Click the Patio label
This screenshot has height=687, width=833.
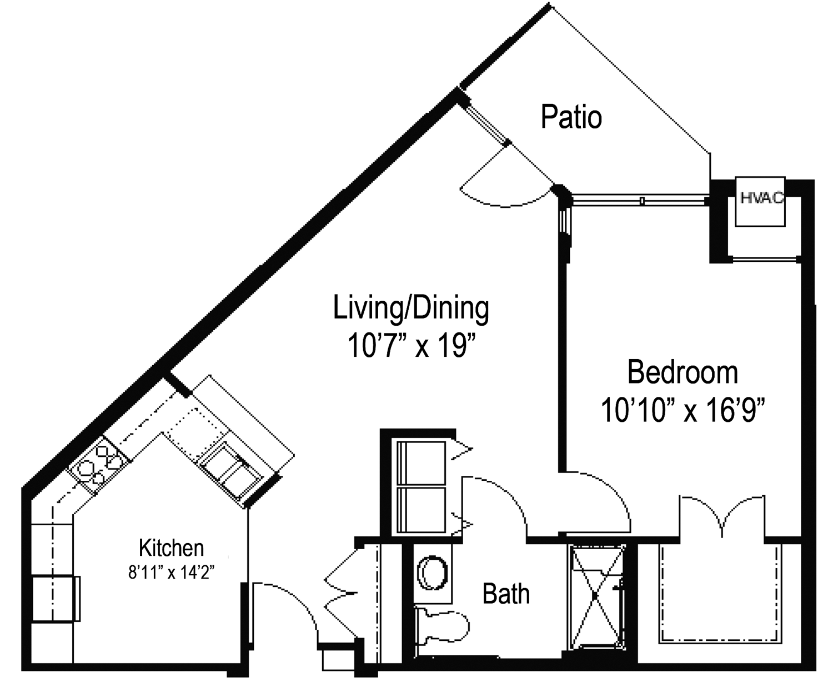pos(571,117)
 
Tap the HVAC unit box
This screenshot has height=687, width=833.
pos(760,201)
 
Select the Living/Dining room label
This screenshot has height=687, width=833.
pos(411,308)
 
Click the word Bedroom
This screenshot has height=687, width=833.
pos(683,372)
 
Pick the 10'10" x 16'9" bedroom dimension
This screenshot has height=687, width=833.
pos(683,410)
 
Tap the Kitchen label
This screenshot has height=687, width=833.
pos(171,548)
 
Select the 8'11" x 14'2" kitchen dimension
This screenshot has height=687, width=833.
pos(172,572)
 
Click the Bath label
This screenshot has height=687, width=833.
pos(506,594)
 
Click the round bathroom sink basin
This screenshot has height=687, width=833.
pos(433,573)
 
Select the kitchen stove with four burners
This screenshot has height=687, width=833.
pos(99,466)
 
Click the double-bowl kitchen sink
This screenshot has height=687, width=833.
pos(230,471)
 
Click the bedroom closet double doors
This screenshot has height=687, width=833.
pos(722,515)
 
